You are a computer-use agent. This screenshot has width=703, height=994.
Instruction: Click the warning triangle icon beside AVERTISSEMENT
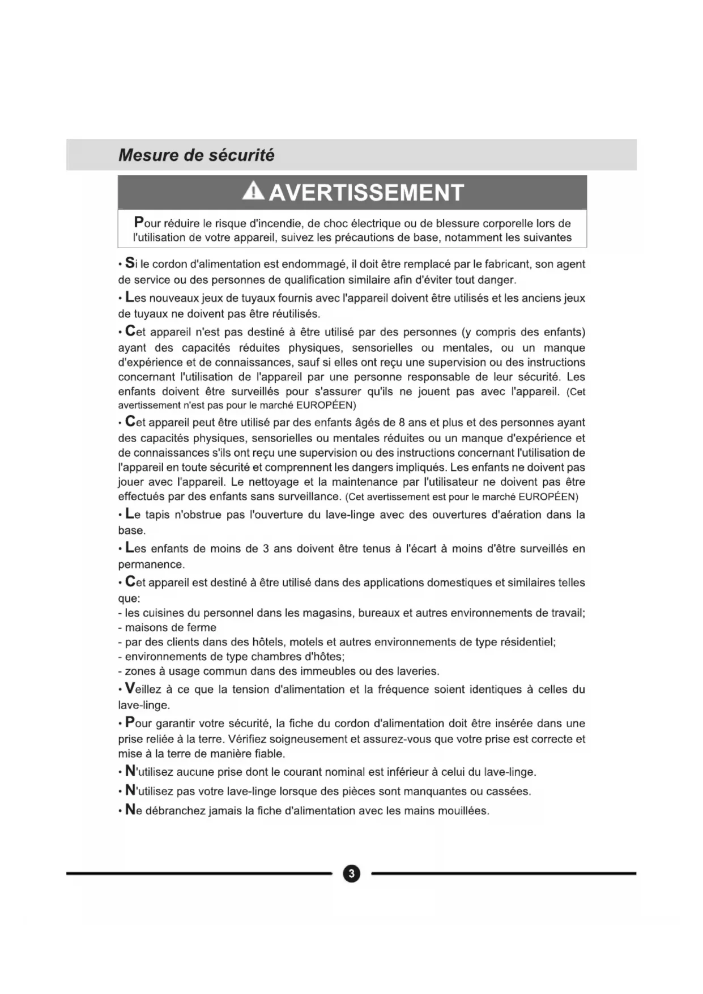click(253, 192)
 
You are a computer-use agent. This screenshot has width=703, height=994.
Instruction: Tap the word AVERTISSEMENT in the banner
click(367, 193)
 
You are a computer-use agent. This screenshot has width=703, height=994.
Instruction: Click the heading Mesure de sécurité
click(196, 155)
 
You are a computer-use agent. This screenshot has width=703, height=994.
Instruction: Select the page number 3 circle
click(351, 873)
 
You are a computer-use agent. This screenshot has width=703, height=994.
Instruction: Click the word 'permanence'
click(150, 564)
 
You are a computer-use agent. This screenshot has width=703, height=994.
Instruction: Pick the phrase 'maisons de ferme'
click(171, 627)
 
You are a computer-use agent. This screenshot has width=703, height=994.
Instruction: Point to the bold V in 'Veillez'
click(130, 689)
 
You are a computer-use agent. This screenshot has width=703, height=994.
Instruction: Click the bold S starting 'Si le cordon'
click(130, 264)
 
